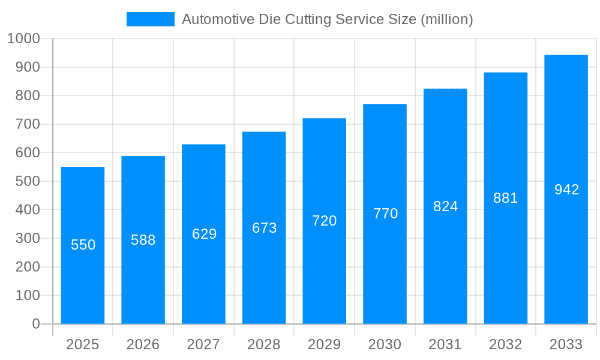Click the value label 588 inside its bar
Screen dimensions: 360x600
click(x=143, y=240)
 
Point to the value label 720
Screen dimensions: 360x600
click(x=325, y=221)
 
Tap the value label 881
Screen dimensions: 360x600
click(x=506, y=198)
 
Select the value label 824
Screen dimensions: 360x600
click(x=446, y=206)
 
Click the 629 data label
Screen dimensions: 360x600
click(x=204, y=234)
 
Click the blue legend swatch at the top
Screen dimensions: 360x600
click(x=150, y=19)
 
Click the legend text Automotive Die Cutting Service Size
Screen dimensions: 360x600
click(x=327, y=19)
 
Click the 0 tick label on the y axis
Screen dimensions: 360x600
click(x=35, y=324)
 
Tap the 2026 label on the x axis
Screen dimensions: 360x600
click(x=143, y=344)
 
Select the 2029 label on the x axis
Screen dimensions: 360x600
click(x=325, y=344)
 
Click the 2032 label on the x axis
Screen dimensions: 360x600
click(x=506, y=344)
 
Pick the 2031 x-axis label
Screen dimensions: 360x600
click(x=445, y=344)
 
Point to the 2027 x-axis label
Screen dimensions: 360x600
click(x=203, y=344)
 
